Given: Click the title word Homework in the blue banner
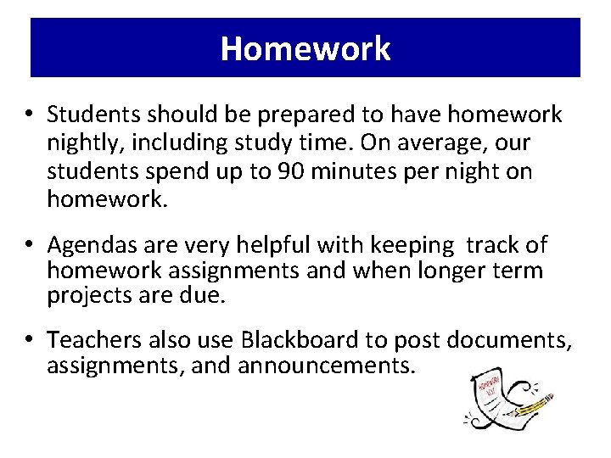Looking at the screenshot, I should coord(305,48).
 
